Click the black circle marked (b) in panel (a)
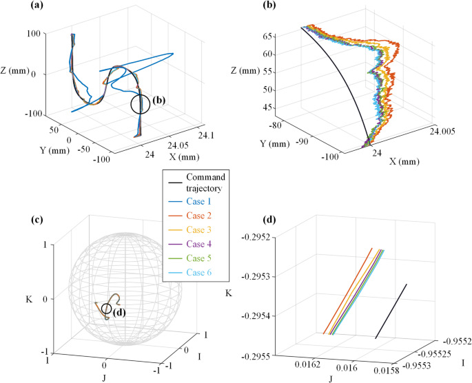(140, 104)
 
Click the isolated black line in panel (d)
(391, 310)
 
